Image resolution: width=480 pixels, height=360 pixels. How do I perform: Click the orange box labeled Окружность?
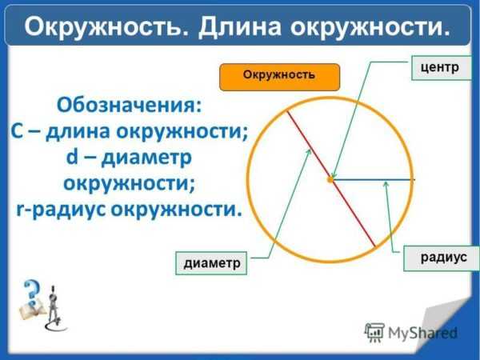click(x=279, y=77)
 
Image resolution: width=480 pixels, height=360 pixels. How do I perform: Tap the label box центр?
click(x=441, y=68)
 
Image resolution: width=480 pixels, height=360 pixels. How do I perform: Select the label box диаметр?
click(x=211, y=263)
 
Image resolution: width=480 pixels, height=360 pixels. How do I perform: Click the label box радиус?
click(x=442, y=258)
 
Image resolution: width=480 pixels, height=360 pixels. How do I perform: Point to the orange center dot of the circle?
click(x=330, y=180)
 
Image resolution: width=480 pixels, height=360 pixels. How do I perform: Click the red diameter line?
click(x=331, y=178)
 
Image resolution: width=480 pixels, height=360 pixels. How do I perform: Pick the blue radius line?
click(x=374, y=180)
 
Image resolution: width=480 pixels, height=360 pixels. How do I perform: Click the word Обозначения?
click(x=129, y=106)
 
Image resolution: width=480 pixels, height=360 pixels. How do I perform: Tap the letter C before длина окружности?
click(x=17, y=132)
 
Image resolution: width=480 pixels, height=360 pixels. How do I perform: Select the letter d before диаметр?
click(x=72, y=157)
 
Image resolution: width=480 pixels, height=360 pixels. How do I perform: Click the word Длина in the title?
click(x=240, y=27)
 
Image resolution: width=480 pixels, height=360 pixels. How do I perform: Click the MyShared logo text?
click(x=422, y=333)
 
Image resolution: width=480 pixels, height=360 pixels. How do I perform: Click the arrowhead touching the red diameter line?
click(x=309, y=152)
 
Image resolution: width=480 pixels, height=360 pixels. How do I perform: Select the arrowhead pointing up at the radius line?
click(x=386, y=184)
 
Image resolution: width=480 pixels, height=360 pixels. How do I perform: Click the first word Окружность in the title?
click(x=106, y=27)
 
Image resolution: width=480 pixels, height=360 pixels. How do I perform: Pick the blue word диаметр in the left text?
click(x=146, y=158)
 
